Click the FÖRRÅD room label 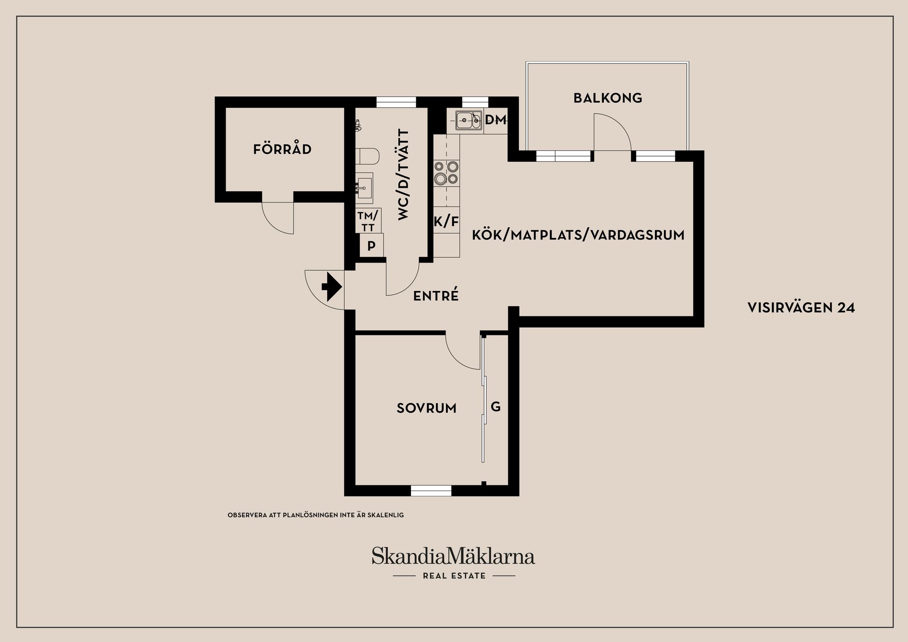(282, 150)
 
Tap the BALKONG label (608, 98)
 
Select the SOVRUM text (427, 408)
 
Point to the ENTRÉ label (436, 296)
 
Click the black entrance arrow (332, 286)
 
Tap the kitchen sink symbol (469, 120)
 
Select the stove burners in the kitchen (446, 173)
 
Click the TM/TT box (368, 221)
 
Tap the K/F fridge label (446, 221)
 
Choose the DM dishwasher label (496, 120)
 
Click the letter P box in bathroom (371, 246)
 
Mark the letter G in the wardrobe (496, 406)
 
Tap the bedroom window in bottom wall (431, 491)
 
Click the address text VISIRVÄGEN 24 (801, 308)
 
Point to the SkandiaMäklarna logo (453, 556)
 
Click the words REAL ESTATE (454, 576)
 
